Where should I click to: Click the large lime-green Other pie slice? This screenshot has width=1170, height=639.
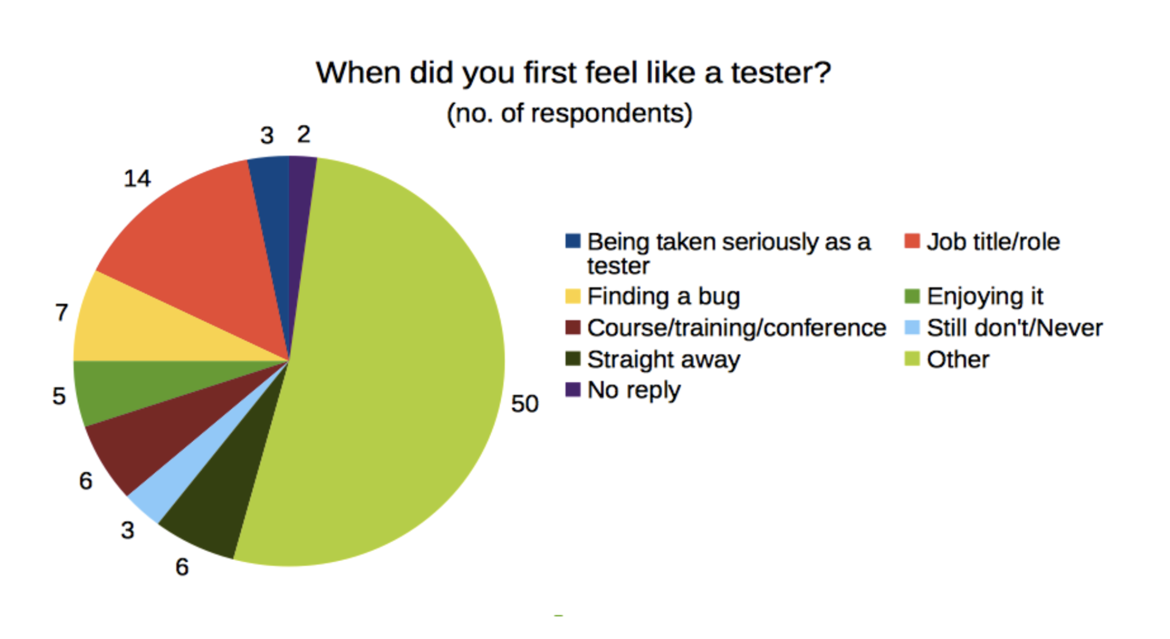click(x=390, y=366)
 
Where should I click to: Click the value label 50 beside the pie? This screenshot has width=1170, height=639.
click(x=525, y=404)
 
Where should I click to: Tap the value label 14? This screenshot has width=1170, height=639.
click(x=137, y=179)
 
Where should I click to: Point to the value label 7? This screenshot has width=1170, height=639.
click(x=61, y=312)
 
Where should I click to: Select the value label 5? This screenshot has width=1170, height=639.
click(x=58, y=396)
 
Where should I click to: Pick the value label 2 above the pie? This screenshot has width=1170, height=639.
click(x=303, y=134)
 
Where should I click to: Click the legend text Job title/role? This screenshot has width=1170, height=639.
click(x=993, y=242)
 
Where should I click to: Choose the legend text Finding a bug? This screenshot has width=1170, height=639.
click(x=664, y=296)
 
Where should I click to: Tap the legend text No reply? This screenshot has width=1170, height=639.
click(x=634, y=390)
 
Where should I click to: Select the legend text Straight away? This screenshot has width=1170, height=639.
click(x=664, y=360)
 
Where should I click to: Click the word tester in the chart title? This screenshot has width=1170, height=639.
click(x=781, y=73)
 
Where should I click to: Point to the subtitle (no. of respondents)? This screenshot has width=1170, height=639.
click(x=570, y=113)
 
